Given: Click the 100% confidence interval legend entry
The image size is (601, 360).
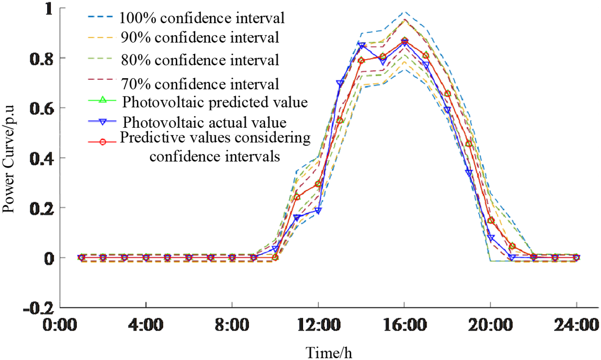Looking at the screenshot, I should [x=201, y=18].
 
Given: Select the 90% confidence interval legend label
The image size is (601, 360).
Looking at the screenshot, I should [x=200, y=38].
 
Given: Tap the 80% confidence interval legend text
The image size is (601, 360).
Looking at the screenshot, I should [x=200, y=60].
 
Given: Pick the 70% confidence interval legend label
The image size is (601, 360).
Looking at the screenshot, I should [x=200, y=84].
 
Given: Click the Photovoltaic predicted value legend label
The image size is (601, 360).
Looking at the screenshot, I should [x=215, y=102].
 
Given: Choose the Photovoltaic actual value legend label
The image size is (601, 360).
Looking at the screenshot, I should [x=204, y=122].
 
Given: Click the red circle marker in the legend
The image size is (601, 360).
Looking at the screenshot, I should [x=103, y=142].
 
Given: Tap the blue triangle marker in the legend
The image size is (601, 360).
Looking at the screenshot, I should [x=103, y=122].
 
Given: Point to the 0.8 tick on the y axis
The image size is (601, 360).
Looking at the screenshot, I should [x=41, y=59].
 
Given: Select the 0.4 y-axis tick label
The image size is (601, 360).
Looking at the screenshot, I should [x=41, y=159].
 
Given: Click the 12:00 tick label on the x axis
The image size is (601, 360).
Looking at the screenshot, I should [x=318, y=325].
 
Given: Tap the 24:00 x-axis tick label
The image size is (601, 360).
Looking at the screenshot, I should [x=577, y=325].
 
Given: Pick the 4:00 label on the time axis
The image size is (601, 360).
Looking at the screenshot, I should [x=146, y=325].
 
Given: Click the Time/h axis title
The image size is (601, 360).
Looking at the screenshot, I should [x=329, y=353].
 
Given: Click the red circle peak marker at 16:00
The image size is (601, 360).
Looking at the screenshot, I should [x=404, y=41].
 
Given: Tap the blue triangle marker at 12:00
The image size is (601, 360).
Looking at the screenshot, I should [x=318, y=211].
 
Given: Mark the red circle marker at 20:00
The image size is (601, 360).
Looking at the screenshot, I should [x=491, y=221].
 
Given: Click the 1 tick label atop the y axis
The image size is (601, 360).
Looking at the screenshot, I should [x=49, y=9].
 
